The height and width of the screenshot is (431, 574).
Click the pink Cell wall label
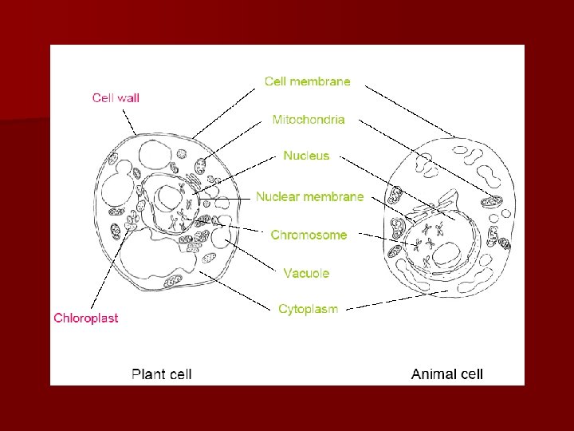[116, 98]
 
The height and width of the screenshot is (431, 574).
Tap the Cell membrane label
[307, 81]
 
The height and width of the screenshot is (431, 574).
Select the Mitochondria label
[309, 120]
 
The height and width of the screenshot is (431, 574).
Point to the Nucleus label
[306, 156]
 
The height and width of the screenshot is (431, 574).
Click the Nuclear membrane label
[309, 196]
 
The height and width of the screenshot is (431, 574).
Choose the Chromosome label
[309, 235]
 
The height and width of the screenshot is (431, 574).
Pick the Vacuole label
[306, 273]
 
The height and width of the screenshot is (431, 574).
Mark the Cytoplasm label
[308, 309]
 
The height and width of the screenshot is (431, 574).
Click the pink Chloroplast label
[86, 318]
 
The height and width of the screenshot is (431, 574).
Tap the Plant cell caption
[161, 374]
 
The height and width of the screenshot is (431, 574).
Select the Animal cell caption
[446, 374]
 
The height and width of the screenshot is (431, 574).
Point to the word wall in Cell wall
[128, 98]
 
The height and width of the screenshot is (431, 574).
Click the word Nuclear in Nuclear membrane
[276, 196]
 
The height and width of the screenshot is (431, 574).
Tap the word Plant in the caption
[148, 374]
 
